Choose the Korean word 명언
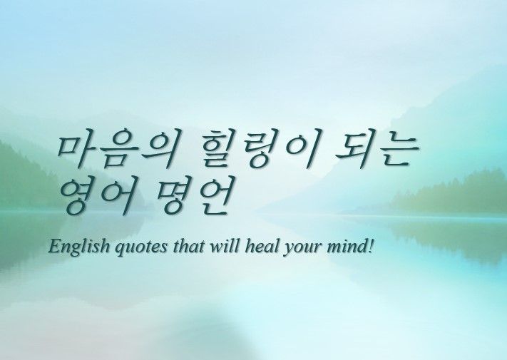pos(193,195)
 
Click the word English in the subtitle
pos(78,247)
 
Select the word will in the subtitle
pos(223,247)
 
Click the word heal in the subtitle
pos(260,247)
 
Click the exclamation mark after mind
pos(372,247)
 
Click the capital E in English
pos(53,247)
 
